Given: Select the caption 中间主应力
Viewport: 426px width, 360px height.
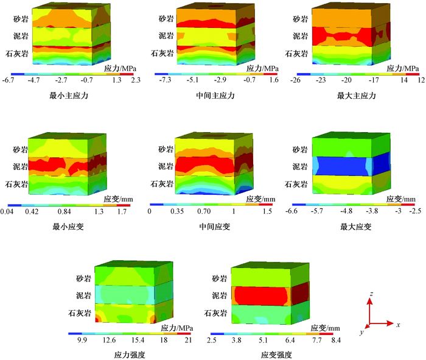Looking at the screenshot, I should [x=214, y=96].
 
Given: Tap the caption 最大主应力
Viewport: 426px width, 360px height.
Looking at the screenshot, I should [x=356, y=96].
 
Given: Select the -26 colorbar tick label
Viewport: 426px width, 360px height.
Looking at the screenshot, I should [x=296, y=80].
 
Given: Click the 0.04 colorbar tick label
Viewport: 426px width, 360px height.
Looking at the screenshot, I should [x=9, y=211].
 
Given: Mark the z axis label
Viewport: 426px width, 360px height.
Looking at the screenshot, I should [x=371, y=295].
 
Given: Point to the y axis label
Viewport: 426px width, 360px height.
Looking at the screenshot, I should [x=361, y=333].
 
